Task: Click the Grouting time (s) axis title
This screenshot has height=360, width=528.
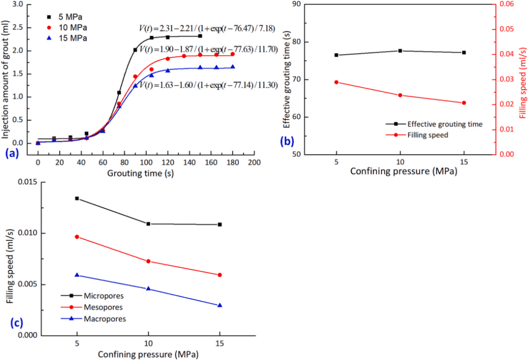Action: [x=140, y=173]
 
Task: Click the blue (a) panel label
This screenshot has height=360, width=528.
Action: [x=10, y=153]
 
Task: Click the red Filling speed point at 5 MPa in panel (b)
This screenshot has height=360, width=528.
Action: [x=336, y=82]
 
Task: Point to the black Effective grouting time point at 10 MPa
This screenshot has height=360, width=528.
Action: [x=400, y=51]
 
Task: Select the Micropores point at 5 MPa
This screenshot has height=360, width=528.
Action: [x=77, y=198]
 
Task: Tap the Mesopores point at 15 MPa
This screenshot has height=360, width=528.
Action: [x=220, y=275]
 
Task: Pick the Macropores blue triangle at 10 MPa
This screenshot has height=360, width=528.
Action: [x=148, y=288]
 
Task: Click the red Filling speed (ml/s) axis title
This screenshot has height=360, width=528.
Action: [x=522, y=78]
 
